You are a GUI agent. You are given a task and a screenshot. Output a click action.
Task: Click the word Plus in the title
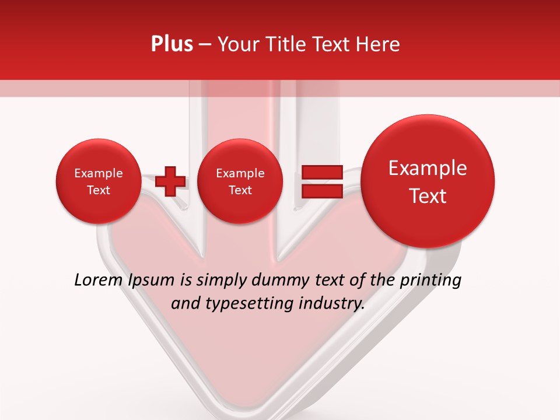[x=171, y=44]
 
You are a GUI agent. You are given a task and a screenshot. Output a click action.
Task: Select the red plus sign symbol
[x=170, y=181]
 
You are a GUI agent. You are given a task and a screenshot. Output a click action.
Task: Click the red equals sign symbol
[x=321, y=181]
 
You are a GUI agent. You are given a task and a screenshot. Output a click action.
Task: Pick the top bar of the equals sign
[x=321, y=172]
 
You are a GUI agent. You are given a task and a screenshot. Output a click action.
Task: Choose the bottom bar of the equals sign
[x=321, y=191]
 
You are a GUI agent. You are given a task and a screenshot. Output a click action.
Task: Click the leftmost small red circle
[x=98, y=181]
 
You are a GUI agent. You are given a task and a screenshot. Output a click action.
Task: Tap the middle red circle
[x=240, y=181]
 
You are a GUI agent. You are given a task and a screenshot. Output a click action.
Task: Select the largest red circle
[x=428, y=181]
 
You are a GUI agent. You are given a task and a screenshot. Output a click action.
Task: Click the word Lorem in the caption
[x=99, y=281]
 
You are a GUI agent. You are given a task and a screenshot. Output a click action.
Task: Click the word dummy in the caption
[x=279, y=281]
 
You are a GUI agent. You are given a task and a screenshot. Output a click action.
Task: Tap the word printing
[x=430, y=281]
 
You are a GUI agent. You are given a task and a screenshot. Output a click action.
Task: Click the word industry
[x=332, y=303]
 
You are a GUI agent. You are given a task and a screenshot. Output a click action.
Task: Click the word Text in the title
[x=332, y=44]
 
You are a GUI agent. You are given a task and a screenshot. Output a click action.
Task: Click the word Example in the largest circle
[x=428, y=168]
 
